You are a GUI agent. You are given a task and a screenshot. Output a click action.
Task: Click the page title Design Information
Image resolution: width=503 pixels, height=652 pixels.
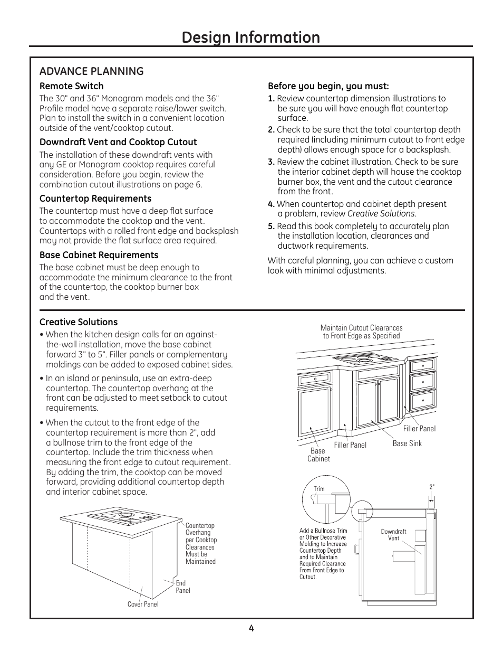251,37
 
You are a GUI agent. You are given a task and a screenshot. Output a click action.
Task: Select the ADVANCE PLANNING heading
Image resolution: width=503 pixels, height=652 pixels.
91,71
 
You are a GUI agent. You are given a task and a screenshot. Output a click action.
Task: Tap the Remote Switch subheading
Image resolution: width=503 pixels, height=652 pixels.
71,86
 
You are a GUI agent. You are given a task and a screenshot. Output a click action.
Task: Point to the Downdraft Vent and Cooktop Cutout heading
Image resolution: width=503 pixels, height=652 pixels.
118,142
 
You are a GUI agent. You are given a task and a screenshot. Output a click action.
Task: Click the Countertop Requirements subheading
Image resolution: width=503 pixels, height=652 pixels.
95,199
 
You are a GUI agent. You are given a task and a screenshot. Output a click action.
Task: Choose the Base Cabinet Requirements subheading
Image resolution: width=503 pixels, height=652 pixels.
99,255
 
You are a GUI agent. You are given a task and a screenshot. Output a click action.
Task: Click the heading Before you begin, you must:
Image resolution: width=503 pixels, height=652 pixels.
328,86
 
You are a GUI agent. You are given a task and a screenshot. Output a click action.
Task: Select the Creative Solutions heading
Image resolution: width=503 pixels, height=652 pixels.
79,322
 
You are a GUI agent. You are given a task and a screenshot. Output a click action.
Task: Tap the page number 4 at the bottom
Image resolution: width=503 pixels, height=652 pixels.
252,628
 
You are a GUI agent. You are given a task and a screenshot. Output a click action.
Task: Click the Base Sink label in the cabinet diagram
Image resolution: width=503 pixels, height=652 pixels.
407,443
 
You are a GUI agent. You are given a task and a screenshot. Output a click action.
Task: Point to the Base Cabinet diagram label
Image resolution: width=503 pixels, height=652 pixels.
318,455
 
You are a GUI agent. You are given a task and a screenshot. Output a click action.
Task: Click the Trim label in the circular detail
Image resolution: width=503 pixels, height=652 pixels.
319,489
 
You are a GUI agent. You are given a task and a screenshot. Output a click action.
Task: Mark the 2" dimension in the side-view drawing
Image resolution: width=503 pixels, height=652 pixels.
432,487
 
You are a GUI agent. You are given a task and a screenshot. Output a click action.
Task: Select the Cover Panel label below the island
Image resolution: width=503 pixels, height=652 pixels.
143,604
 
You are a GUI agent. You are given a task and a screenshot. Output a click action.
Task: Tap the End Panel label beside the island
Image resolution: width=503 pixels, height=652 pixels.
182,587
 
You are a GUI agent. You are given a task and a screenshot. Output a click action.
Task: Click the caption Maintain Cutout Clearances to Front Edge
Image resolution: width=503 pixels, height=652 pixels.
361,332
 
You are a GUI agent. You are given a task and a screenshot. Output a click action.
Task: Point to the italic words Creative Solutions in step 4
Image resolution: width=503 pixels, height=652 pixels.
381,214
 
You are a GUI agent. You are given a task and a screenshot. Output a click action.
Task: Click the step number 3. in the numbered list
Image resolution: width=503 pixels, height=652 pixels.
271,162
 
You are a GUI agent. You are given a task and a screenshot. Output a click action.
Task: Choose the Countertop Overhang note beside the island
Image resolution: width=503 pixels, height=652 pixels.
200,543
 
